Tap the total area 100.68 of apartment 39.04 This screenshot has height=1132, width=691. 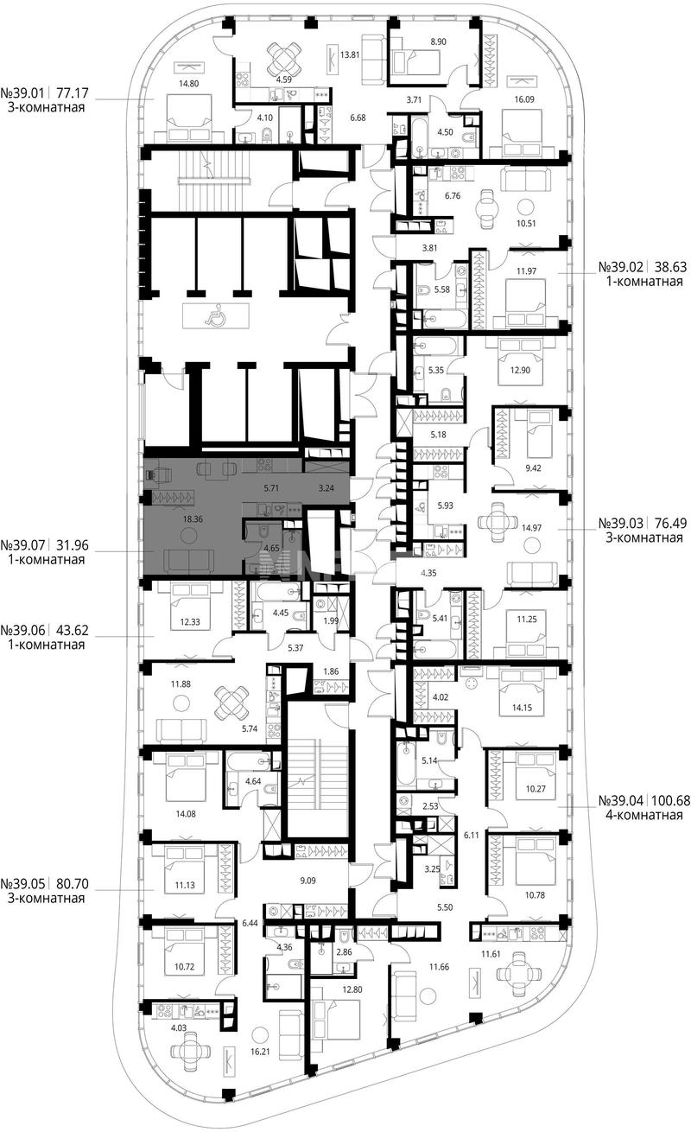click(x=669, y=801)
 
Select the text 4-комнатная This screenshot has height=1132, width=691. click(x=644, y=815)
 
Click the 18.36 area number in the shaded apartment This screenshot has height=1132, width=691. click(x=193, y=519)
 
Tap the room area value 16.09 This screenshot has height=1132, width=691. click(x=524, y=99)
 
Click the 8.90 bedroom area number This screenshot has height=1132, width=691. click(x=438, y=42)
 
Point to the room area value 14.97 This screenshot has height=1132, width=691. click(x=531, y=528)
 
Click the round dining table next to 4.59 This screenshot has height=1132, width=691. click(x=285, y=57)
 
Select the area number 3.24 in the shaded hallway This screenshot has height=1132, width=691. click(x=326, y=489)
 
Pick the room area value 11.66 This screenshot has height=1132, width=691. click(x=439, y=967)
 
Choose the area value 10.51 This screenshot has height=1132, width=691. click(x=526, y=223)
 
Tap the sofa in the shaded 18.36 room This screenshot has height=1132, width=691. click(x=189, y=562)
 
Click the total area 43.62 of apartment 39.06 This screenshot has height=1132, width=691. click(x=71, y=630)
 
